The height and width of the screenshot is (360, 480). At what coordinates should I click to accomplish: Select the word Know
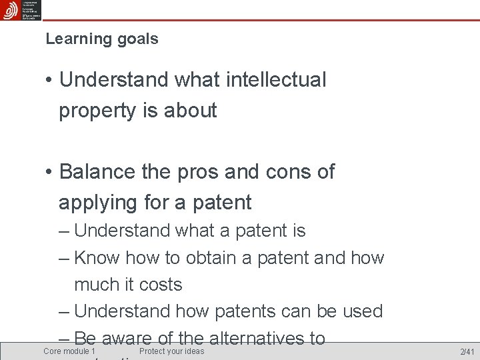97,257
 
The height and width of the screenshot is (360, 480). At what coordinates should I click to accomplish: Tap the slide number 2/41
467,351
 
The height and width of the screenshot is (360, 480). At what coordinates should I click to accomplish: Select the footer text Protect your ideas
172,351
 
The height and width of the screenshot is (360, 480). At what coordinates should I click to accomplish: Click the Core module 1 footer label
69,351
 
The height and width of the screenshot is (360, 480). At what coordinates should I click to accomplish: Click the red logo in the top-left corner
10,10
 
